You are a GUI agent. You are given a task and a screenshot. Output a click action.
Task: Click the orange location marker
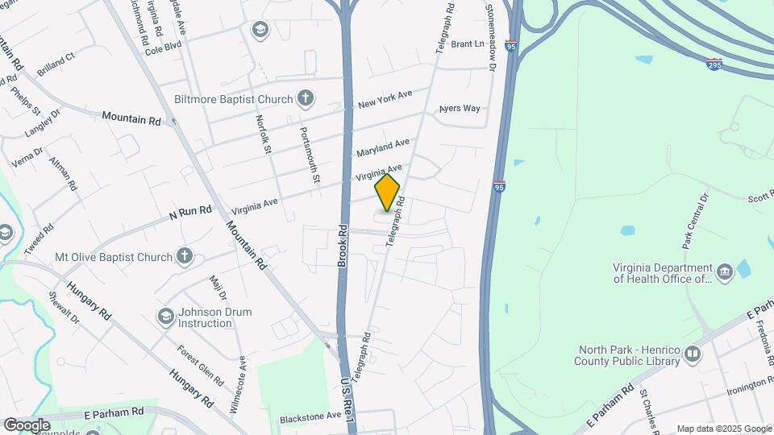(387, 192)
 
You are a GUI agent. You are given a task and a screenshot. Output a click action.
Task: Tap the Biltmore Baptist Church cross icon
(305, 99)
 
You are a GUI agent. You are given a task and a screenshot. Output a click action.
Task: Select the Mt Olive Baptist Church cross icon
(185, 257)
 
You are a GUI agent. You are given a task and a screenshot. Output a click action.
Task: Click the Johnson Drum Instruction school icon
(166, 315)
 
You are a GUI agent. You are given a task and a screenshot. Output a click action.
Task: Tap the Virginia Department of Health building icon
(724, 271)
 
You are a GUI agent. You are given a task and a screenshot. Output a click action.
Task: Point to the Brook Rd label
(342, 246)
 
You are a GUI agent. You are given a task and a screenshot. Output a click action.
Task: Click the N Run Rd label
(189, 213)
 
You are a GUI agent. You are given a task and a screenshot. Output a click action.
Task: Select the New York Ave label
(385, 99)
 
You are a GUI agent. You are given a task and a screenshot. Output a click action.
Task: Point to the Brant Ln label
(467, 44)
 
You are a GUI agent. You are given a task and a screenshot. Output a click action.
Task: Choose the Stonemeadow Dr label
(489, 35)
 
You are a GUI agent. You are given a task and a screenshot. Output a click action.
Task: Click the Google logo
(27, 425)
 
